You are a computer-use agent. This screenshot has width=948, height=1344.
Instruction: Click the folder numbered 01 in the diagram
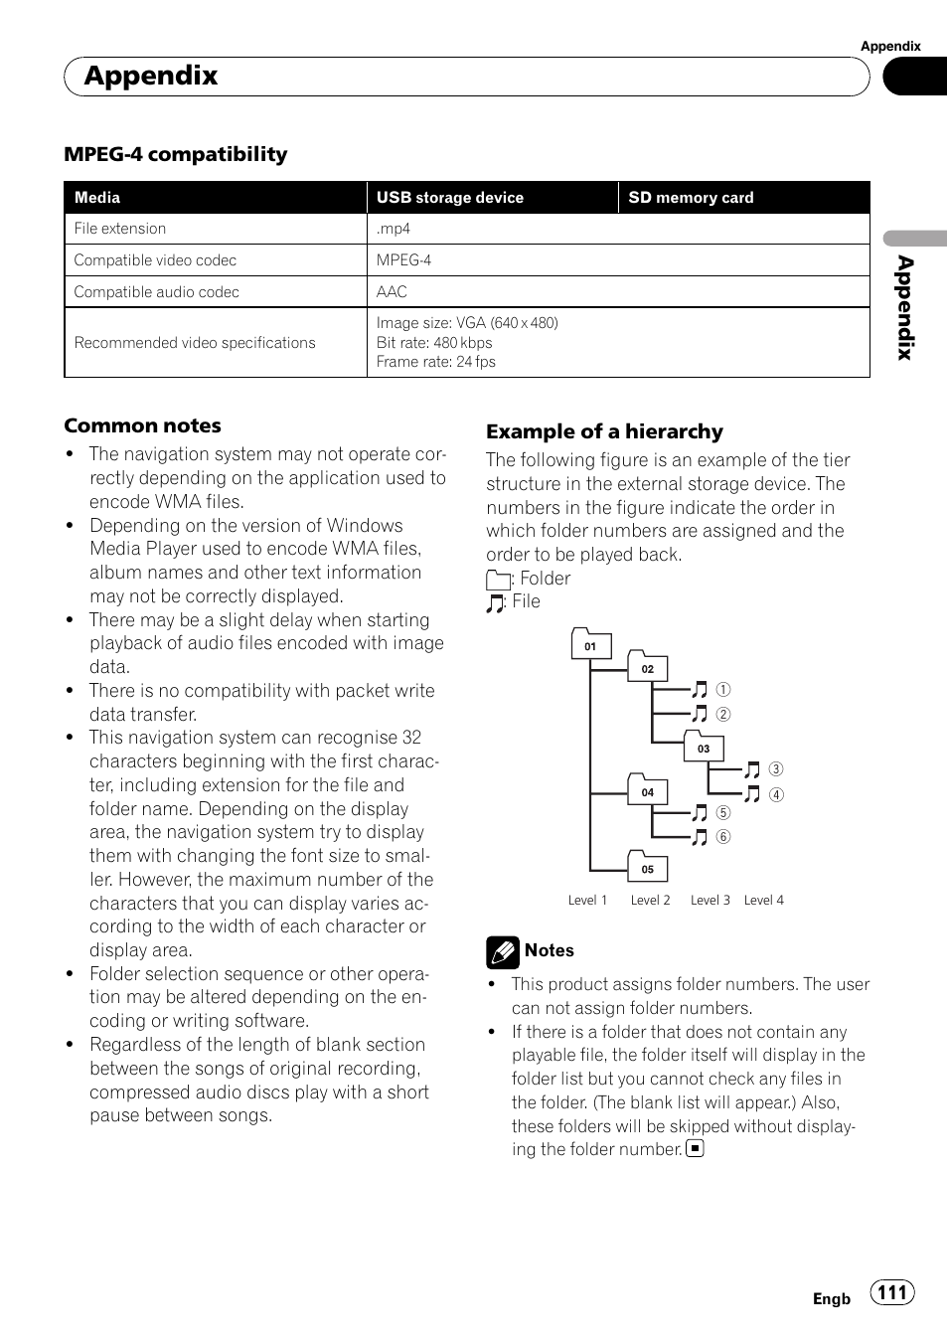coord(591,645)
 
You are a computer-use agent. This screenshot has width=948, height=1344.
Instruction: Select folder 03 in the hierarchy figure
coord(704,748)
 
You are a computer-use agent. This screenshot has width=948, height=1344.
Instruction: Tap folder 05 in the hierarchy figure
coord(647,868)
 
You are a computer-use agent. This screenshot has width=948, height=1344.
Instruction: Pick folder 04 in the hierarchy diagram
coord(647,791)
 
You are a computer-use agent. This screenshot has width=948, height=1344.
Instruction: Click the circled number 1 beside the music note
coord(723,690)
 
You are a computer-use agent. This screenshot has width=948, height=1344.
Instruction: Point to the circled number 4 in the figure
coord(776,794)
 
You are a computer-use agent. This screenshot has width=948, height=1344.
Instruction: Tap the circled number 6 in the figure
coord(723,837)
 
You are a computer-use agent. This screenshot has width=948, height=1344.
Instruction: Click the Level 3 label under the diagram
coord(711,901)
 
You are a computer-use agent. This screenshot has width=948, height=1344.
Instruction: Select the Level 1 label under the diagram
coord(587,901)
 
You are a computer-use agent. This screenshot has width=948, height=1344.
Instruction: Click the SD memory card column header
coord(691,198)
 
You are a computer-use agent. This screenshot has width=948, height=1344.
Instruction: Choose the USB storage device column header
coord(449,198)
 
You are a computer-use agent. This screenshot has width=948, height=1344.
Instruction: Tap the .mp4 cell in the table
coord(394,229)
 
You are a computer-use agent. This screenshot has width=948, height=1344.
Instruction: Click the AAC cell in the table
coord(392,292)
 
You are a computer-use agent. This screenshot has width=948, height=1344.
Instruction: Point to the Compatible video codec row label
coord(155,260)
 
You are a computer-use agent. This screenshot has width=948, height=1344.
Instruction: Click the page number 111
coord(892,1292)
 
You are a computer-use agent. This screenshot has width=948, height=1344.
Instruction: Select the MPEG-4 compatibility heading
coord(176,154)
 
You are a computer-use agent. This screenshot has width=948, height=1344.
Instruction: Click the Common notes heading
coord(142,426)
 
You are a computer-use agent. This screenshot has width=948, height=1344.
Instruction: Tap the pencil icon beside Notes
coord(503,952)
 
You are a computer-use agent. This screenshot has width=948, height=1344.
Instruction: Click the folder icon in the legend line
coord(498,580)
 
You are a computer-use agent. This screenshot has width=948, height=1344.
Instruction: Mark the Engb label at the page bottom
coord(832,1299)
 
